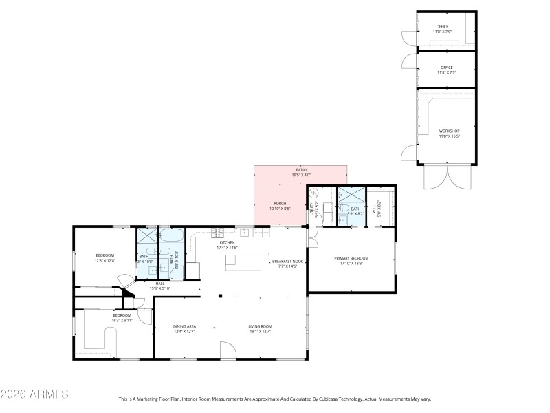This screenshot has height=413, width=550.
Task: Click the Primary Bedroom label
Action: pos(351,260)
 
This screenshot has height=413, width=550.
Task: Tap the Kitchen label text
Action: pos(228,245)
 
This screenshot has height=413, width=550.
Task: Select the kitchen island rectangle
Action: pos(244,263)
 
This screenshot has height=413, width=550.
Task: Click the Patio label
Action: pos(300,172)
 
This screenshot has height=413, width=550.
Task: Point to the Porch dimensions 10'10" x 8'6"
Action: pos(280,208)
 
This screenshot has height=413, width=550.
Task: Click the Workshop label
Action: pos(449,133)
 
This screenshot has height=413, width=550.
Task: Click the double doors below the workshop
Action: pos(448,177)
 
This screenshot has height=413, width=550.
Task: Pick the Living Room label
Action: pos(261,328)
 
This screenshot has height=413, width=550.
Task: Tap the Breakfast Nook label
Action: pos(287,263)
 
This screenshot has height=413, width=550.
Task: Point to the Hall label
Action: pos(159,286)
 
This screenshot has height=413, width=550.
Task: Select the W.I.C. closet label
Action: pos(375,209)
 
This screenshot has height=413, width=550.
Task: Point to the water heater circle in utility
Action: pos(313,195)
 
